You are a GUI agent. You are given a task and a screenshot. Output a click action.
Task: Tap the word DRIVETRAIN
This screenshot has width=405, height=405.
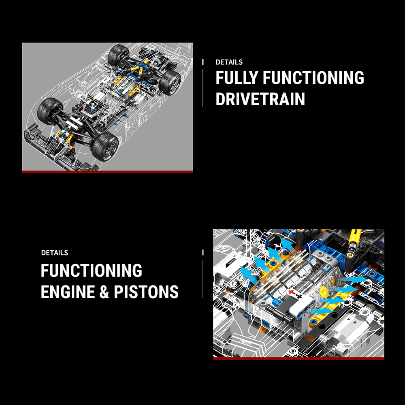click(260, 99)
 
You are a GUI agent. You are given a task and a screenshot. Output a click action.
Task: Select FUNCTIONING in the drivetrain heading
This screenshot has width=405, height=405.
click(313, 78)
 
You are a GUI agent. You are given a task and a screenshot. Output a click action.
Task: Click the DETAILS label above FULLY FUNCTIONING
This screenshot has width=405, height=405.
click(229, 62)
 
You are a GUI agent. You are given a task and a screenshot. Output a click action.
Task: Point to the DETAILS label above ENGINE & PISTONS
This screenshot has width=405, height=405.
click(55, 253)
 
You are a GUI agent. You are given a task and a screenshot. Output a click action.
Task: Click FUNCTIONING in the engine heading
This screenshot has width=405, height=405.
click(92, 271)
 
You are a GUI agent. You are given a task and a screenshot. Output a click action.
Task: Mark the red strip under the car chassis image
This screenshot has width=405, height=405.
click(107, 172)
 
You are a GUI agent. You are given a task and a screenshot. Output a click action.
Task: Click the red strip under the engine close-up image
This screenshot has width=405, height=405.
click(298, 358)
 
